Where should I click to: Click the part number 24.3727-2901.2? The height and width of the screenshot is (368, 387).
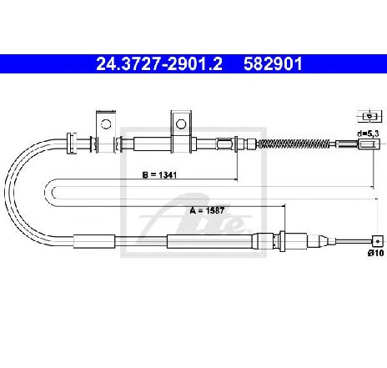coord(159,64)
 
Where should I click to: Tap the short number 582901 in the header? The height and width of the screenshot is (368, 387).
coord(273,64)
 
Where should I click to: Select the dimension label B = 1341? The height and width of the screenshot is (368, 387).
coord(159,175)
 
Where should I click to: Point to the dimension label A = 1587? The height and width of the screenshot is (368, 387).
coord(207,210)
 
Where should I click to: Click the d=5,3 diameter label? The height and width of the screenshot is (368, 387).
coord(368,134)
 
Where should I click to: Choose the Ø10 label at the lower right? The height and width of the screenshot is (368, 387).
coord(375,253)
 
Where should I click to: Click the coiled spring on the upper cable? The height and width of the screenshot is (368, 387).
coord(294,144)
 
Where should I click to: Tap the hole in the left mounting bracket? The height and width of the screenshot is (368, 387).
coord(106,124)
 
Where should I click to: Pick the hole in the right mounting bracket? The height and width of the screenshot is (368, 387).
coord(181,124)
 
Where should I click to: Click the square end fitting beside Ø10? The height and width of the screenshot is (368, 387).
coord(377,241)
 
